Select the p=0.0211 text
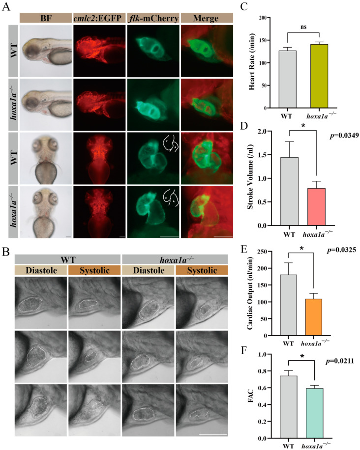point(339,362)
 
